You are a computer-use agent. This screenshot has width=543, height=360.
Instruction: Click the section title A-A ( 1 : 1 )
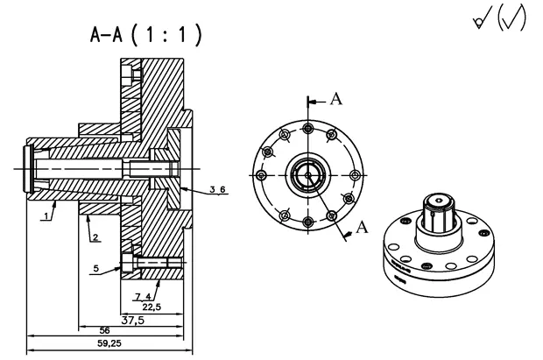(146, 35)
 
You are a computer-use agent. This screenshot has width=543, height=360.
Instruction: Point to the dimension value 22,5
(152, 307)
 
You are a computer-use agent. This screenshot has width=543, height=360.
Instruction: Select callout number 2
(93, 237)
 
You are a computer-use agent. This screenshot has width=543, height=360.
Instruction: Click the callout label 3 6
(218, 189)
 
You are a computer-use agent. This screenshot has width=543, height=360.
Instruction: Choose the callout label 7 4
(144, 298)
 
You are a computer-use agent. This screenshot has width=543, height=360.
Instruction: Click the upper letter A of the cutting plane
(335, 99)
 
